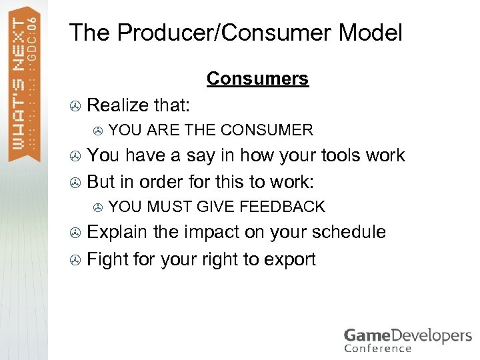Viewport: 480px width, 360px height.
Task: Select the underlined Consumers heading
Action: (257, 79)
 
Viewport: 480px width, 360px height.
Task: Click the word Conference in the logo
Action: (377, 348)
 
